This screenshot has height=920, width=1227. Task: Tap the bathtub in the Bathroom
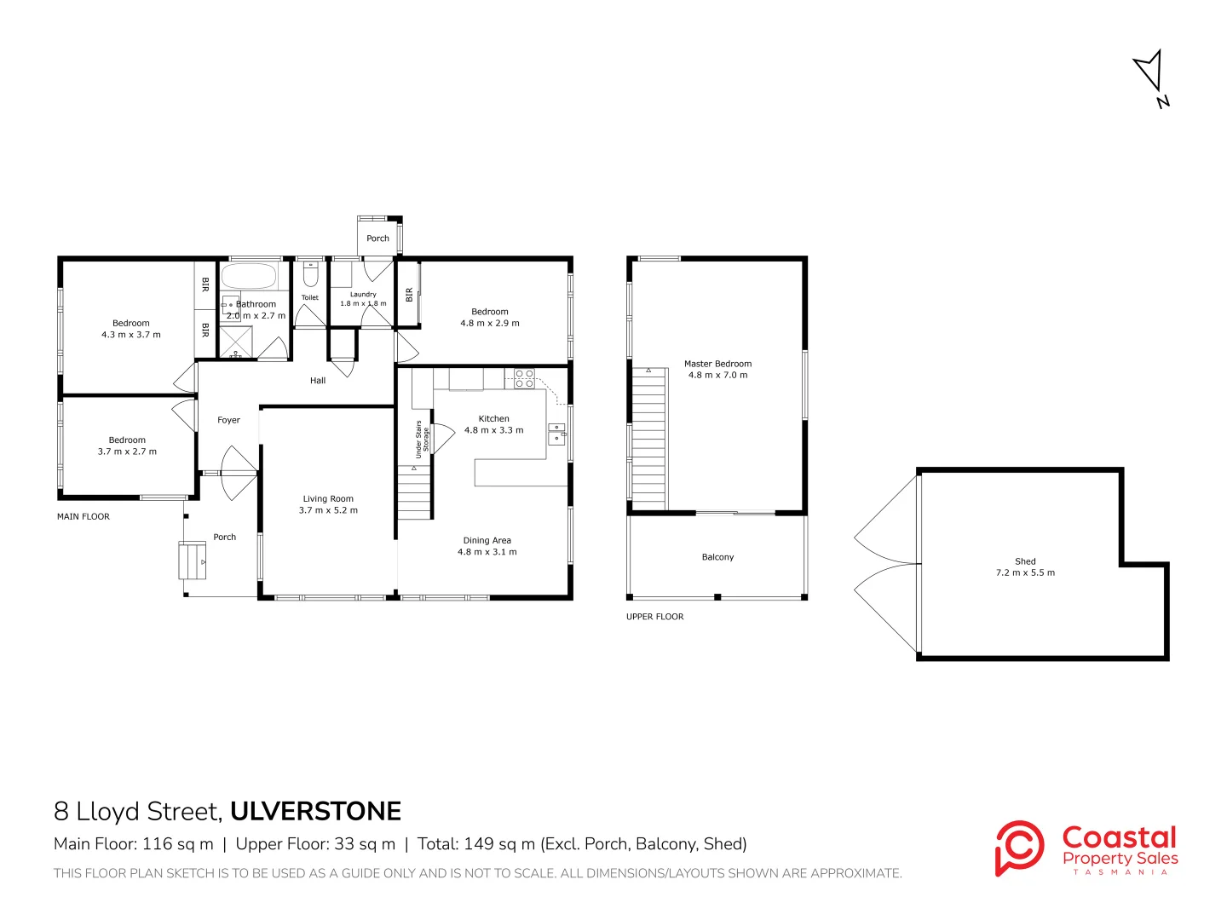(248, 275)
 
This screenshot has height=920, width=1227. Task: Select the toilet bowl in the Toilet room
(309, 273)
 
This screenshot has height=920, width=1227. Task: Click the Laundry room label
(363, 294)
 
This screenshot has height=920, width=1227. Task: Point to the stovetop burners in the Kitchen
(524, 378)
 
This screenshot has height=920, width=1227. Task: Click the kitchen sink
(556, 434)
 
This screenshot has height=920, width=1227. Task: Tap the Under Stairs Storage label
(422, 439)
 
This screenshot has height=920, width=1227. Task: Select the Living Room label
(328, 498)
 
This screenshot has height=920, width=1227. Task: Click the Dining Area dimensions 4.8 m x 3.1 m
(487, 551)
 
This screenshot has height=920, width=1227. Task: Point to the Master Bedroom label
(717, 364)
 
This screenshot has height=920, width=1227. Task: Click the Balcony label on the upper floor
(717, 557)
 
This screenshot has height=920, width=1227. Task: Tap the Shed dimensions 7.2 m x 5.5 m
(1025, 572)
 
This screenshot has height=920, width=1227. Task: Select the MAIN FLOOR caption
(84, 517)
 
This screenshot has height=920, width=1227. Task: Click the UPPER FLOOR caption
(654, 617)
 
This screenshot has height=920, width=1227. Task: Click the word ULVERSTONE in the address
(316, 811)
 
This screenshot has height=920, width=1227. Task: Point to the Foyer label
(228, 420)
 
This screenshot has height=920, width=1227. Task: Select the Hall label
(318, 381)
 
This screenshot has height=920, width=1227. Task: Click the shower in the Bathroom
(235, 342)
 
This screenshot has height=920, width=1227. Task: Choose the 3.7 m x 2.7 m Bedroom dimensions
(127, 451)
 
